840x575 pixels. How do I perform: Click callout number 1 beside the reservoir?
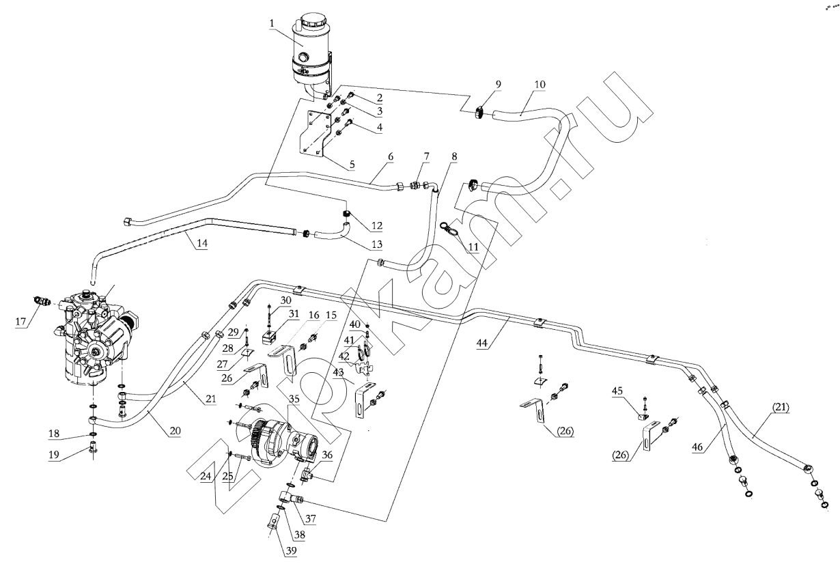pyautogui.click(x=272, y=24)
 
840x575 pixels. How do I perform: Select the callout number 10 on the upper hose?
pyautogui.click(x=540, y=84)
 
